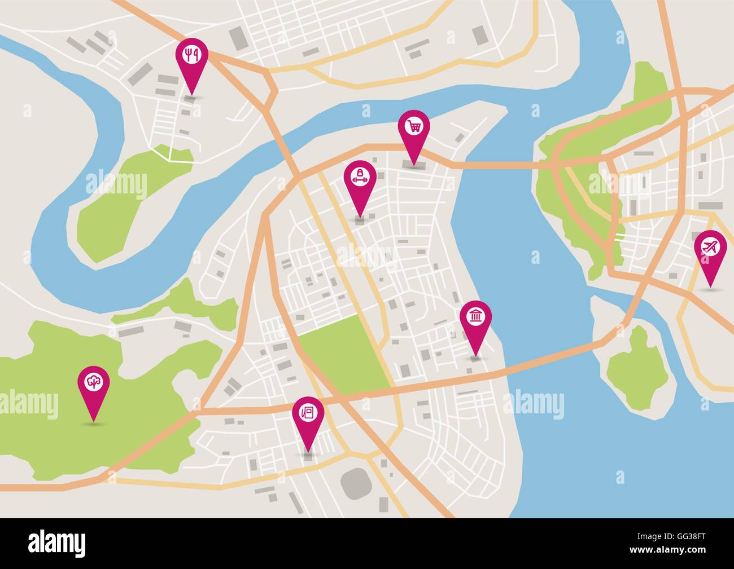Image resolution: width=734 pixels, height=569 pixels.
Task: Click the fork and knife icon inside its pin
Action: [x=192, y=54]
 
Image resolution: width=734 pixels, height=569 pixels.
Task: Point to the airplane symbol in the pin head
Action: [x=710, y=247]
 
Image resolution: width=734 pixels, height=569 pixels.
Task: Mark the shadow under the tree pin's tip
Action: [x=94, y=422]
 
